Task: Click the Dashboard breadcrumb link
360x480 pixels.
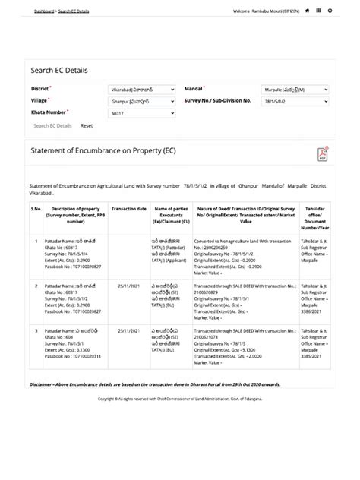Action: click(x=43, y=11)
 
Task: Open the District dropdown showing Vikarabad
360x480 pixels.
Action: click(x=142, y=89)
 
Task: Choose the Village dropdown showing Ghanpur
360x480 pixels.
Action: click(x=142, y=100)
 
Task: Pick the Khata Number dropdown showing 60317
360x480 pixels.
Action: click(x=142, y=113)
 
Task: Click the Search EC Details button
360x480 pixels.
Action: click(x=52, y=125)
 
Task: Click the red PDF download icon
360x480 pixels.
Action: click(x=322, y=155)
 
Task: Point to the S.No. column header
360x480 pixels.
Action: click(x=36, y=207)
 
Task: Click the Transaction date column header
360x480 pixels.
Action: click(x=128, y=207)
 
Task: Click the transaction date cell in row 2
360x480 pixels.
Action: click(x=128, y=285)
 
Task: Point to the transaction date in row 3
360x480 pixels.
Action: click(x=128, y=331)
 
